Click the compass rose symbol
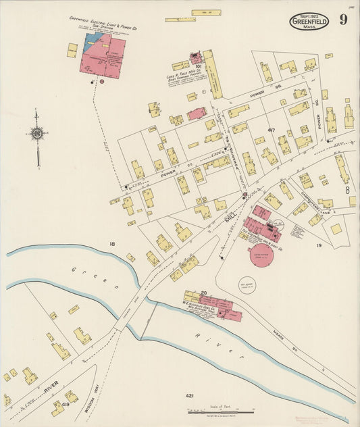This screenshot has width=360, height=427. click(37, 134)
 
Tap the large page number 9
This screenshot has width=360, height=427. click(343, 20)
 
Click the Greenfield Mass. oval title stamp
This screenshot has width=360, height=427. click(309, 22)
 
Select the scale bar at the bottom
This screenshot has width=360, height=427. click(217, 409)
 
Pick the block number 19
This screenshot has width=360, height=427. click(319, 246)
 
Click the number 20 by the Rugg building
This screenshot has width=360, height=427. click(203, 293)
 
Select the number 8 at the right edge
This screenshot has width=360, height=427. click(348, 191)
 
